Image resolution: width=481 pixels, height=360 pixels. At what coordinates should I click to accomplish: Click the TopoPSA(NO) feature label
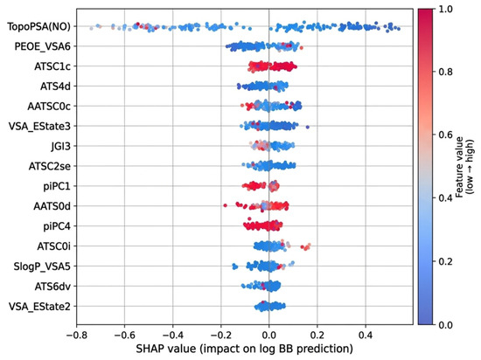[38, 27]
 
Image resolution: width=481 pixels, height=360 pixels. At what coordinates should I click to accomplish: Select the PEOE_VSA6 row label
[42, 46]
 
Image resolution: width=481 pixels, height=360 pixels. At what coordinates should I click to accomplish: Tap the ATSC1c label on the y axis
[52, 66]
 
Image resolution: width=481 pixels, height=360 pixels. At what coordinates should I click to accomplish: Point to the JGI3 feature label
[60, 146]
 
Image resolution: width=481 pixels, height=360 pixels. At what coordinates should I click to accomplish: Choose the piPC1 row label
[57, 186]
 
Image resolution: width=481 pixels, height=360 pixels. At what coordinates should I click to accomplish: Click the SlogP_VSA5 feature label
[42, 267]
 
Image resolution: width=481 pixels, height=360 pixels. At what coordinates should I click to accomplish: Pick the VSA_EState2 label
[39, 307]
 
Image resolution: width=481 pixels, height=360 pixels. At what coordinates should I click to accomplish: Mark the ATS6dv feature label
[52, 287]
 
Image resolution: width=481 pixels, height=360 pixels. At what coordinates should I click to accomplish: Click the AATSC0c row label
[49, 107]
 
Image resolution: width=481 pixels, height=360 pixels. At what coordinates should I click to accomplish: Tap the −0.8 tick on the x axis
[76, 335]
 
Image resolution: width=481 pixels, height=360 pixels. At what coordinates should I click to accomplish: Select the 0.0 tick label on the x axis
[269, 335]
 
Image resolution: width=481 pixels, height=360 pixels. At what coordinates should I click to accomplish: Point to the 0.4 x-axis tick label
[366, 335]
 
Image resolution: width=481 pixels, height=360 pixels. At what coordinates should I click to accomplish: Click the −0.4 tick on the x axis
[172, 335]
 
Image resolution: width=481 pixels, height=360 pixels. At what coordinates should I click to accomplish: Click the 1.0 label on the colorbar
[445, 10]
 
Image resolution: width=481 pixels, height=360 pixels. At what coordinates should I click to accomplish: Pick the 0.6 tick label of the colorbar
[445, 135]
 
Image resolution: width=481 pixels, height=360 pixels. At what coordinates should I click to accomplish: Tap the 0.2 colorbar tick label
[445, 261]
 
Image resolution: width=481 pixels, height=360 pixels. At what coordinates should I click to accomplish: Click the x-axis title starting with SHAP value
[244, 349]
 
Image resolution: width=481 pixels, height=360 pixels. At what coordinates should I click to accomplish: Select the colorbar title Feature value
[459, 167]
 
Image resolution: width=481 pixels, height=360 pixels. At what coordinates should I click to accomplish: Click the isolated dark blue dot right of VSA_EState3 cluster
[308, 128]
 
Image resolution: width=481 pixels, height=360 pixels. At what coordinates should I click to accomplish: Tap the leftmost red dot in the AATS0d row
[225, 205]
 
